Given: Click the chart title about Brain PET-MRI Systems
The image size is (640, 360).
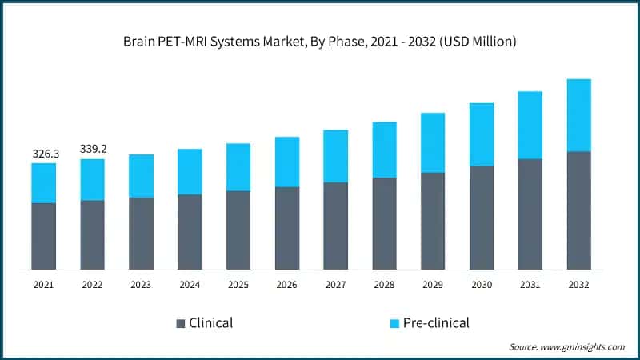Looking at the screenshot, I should pos(320,42).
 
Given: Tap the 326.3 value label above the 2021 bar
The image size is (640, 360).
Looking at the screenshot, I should pos(44,153).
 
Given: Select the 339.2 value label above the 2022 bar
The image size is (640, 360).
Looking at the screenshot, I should pos(93,149).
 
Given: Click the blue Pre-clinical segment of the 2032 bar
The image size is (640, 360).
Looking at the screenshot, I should pos(578,115).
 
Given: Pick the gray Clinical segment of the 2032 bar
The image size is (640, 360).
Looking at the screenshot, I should pos(578,210).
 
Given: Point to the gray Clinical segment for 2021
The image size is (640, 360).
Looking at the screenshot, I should pos(44,236).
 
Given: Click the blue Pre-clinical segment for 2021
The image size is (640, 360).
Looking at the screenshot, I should pos(44,183).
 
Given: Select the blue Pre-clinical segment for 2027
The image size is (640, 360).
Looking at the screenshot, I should pos(335,156).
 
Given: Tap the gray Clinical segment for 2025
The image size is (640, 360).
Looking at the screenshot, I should pos(238,230).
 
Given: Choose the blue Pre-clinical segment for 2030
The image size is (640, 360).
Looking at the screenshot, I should pos(481,134).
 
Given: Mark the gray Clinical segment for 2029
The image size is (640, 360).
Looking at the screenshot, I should pos(433,221).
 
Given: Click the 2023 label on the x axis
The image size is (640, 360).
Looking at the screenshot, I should pos(141,284).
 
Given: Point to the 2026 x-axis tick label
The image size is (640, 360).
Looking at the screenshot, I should pos(286,284).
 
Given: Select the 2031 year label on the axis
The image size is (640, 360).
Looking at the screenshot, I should pos(530,284).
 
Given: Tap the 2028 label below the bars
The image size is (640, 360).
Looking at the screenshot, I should pos(384,284).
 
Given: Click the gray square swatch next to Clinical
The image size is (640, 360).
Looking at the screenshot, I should pos(180,324).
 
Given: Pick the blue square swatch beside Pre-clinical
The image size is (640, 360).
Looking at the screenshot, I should pos(394,324).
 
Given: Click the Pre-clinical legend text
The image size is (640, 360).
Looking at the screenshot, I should pos(437,323).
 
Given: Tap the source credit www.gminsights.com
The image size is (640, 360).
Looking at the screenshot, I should pos(566,346).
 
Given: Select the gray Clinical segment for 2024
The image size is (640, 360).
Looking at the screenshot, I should pos(190,232).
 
